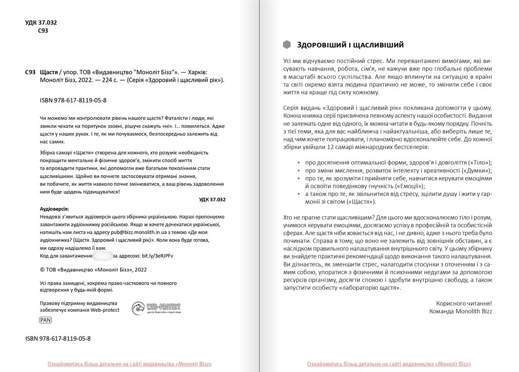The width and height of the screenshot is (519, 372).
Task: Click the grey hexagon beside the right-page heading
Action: pyautogui.click(x=287, y=45)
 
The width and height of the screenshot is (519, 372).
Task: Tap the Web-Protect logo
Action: pyautogui.click(x=156, y=308)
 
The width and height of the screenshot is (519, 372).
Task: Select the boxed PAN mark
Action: pyautogui.click(x=45, y=320)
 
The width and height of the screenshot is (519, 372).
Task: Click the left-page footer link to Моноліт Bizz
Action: pyautogui.click(x=129, y=364)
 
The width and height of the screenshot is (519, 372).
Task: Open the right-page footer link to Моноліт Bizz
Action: pyautogui.click(x=389, y=364)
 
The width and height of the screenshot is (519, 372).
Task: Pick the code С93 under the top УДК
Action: pyautogui.click(x=43, y=31)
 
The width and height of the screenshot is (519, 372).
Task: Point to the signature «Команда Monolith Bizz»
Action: pyautogui.click(x=460, y=311)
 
